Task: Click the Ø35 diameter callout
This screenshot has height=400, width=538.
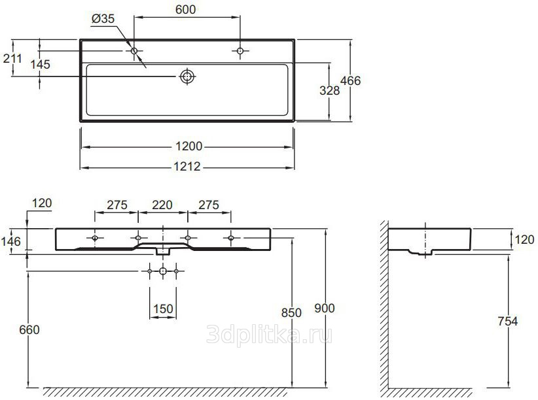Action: click(x=103, y=18)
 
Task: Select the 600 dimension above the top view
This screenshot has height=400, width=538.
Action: click(x=186, y=10)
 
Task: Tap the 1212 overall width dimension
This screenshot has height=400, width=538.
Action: click(x=187, y=167)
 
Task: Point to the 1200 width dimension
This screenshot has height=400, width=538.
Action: click(x=188, y=146)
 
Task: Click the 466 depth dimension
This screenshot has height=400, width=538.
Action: click(x=350, y=81)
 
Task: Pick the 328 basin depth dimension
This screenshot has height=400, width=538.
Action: click(x=329, y=91)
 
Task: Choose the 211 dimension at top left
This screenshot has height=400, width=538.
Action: click(x=12, y=59)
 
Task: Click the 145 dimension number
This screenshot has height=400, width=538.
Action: click(x=40, y=65)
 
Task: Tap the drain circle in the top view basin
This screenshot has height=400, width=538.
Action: click(x=187, y=76)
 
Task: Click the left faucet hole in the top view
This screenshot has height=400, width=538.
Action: click(x=134, y=51)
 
